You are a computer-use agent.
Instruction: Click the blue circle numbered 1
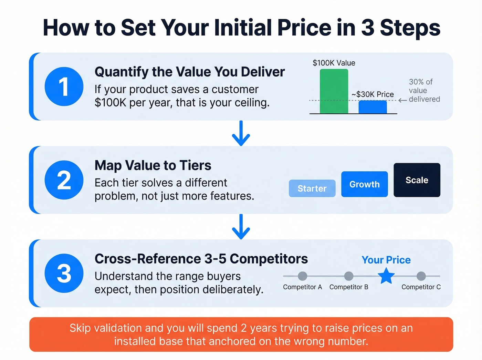click(64, 86)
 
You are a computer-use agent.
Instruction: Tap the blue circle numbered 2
click(64, 180)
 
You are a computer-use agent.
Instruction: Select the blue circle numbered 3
click(64, 273)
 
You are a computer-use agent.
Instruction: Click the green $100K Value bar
click(334, 91)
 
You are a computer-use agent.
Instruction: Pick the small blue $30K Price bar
click(373, 107)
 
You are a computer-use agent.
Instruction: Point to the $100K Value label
click(334, 63)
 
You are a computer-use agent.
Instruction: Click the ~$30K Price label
click(373, 94)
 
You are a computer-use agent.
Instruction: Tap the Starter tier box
click(312, 188)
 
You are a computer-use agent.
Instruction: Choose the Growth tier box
click(364, 184)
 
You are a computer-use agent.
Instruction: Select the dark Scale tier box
click(417, 180)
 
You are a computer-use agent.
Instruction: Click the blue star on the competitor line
click(386, 276)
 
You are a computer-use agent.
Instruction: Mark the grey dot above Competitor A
click(302, 276)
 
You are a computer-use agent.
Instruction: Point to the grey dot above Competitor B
click(349, 276)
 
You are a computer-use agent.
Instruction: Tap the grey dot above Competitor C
click(421, 276)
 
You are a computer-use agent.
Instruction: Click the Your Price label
click(386, 260)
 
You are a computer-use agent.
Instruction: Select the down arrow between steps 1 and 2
click(241, 134)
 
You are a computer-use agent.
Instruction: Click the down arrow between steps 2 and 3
click(241, 227)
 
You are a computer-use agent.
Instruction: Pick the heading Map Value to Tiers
click(153, 165)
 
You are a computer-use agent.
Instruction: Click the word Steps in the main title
click(410, 28)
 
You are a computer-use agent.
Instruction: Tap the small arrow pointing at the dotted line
click(402, 101)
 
